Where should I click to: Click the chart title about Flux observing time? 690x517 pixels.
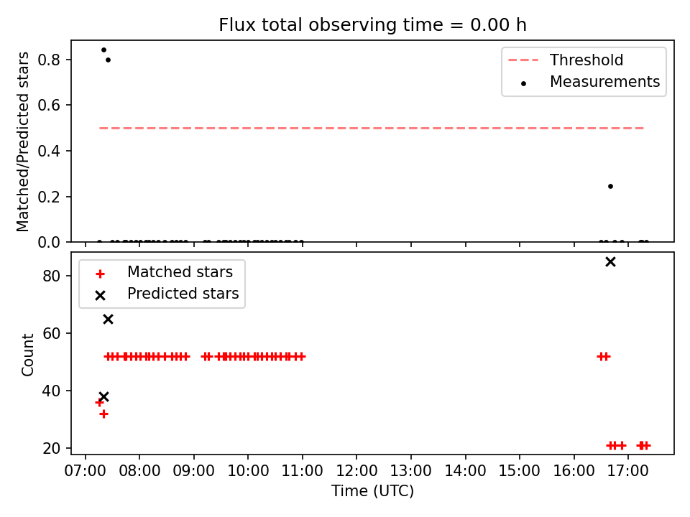pos(372,24)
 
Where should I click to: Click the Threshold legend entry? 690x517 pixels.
pos(566,60)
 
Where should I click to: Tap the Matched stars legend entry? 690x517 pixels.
pos(164,272)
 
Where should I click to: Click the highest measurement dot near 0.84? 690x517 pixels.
pos(103,50)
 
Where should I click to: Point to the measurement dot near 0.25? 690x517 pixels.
pos(610,187)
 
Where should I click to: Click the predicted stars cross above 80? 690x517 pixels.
pos(610,262)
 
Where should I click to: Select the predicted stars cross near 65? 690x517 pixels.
pos(109,319)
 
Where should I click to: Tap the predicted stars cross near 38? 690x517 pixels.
pos(103,396)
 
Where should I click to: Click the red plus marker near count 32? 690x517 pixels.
pos(103,414)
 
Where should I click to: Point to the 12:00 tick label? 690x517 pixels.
pos(356,471)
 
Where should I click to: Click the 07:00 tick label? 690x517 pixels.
pos(86,471)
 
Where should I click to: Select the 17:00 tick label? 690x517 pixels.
pos(628,471)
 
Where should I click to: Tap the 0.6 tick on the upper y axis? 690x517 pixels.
pos(49,105)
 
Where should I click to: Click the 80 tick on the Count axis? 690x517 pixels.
pos(52,276)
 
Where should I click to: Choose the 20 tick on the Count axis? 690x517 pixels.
pos(52,448)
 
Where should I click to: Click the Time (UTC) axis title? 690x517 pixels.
pos(372,490)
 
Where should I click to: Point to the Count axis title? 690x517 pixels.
pos(27,355)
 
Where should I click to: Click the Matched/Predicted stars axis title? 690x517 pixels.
pos(23,141)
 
